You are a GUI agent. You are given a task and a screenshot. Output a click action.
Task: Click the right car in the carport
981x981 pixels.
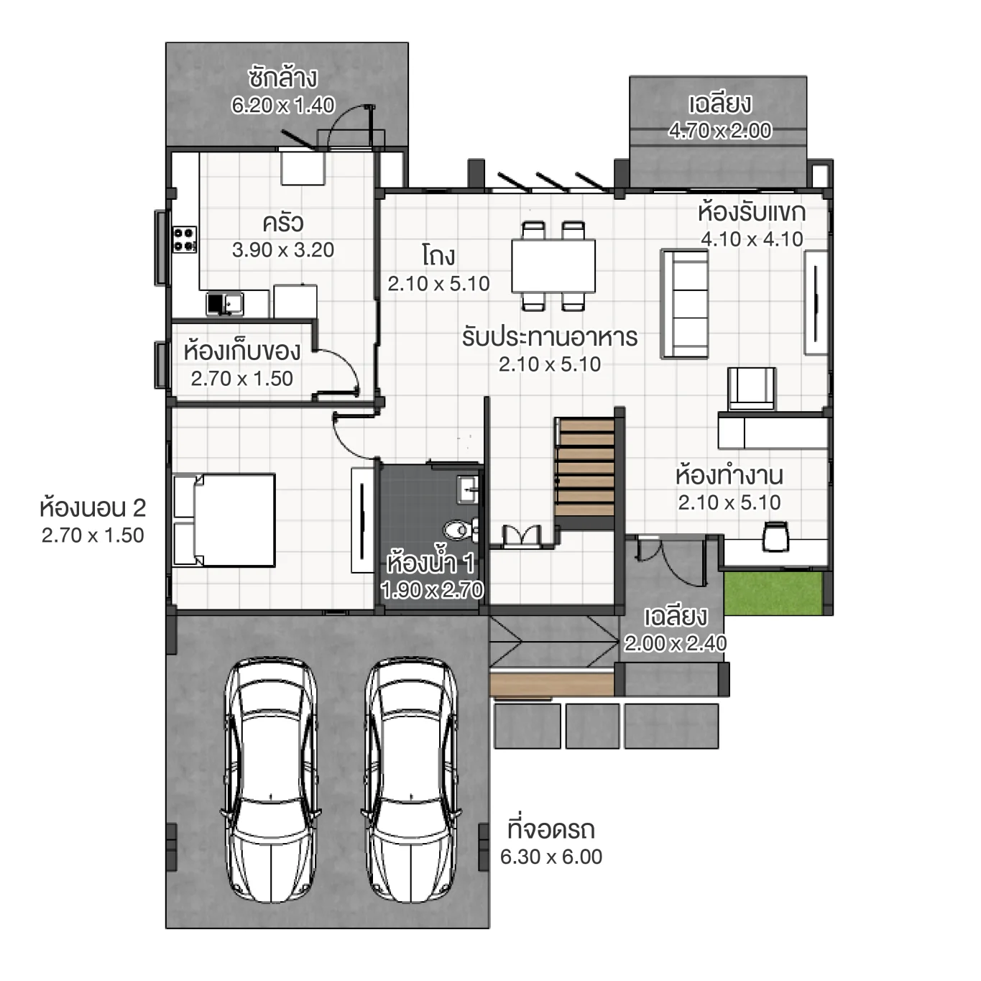click(x=411, y=780)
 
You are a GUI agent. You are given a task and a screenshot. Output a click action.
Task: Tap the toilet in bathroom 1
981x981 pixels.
click(x=459, y=530)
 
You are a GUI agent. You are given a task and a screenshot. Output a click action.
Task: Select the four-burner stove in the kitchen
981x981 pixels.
click(x=184, y=239)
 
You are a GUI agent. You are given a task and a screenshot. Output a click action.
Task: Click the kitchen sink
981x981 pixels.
click(x=225, y=303)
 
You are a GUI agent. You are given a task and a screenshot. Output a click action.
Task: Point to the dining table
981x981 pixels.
click(x=553, y=265)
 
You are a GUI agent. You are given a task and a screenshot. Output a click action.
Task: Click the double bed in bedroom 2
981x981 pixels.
click(x=224, y=520)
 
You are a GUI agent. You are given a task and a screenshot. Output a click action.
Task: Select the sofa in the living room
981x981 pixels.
click(x=684, y=303)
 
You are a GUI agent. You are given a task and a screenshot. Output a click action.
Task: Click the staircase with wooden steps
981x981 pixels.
click(x=586, y=467)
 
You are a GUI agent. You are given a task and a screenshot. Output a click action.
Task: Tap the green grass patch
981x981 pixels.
click(x=773, y=593)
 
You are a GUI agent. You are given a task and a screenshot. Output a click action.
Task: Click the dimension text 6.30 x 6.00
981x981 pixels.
click(x=551, y=857)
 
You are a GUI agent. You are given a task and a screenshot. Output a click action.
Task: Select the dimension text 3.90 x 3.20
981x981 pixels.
click(x=283, y=250)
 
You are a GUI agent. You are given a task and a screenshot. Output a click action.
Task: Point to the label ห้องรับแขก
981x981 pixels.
click(x=751, y=212)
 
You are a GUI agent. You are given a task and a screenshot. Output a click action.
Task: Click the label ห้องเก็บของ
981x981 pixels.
click(x=241, y=351)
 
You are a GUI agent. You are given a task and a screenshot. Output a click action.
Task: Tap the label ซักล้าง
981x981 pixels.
click(x=282, y=78)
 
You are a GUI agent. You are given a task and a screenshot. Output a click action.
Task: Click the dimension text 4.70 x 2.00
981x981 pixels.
click(x=719, y=131)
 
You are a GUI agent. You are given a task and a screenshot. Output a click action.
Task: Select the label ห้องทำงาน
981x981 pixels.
click(x=729, y=476)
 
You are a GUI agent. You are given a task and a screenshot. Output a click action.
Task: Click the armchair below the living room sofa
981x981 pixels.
click(x=751, y=388)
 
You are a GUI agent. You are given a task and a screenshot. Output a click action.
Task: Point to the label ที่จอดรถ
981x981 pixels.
click(x=551, y=829)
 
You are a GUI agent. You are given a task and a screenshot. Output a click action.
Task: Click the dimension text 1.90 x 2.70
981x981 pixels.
click(x=433, y=590)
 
